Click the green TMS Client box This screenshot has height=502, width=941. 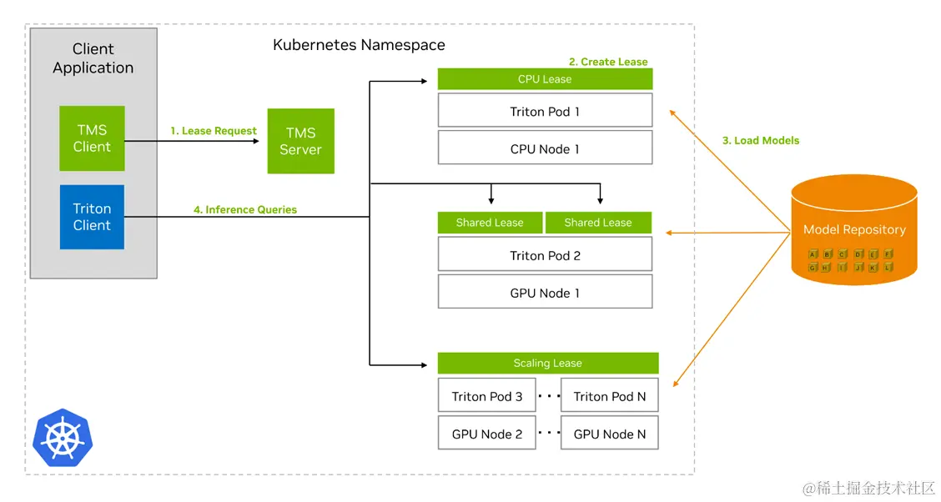click(92, 138)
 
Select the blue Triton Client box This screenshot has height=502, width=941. click(92, 217)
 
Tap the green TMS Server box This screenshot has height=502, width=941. click(300, 141)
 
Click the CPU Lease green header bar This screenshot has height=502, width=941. click(545, 79)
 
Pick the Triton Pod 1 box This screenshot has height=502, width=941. click(545, 111)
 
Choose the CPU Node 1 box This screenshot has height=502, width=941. click(545, 148)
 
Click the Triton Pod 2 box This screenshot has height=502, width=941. click(545, 255)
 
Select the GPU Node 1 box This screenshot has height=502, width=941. click(545, 293)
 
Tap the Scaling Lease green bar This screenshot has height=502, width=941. click(548, 363)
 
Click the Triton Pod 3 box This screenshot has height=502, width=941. click(487, 396)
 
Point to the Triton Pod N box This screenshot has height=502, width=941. click(610, 396)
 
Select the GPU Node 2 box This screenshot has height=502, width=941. click(487, 434)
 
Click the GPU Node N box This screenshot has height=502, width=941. click(610, 434)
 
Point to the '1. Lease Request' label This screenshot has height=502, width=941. click(214, 131)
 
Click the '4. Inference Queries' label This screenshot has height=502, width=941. click(245, 209)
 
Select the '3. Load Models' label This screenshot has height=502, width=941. click(760, 140)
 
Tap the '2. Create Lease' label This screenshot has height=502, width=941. click(608, 62)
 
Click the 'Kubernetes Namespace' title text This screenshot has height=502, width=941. click(359, 45)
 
